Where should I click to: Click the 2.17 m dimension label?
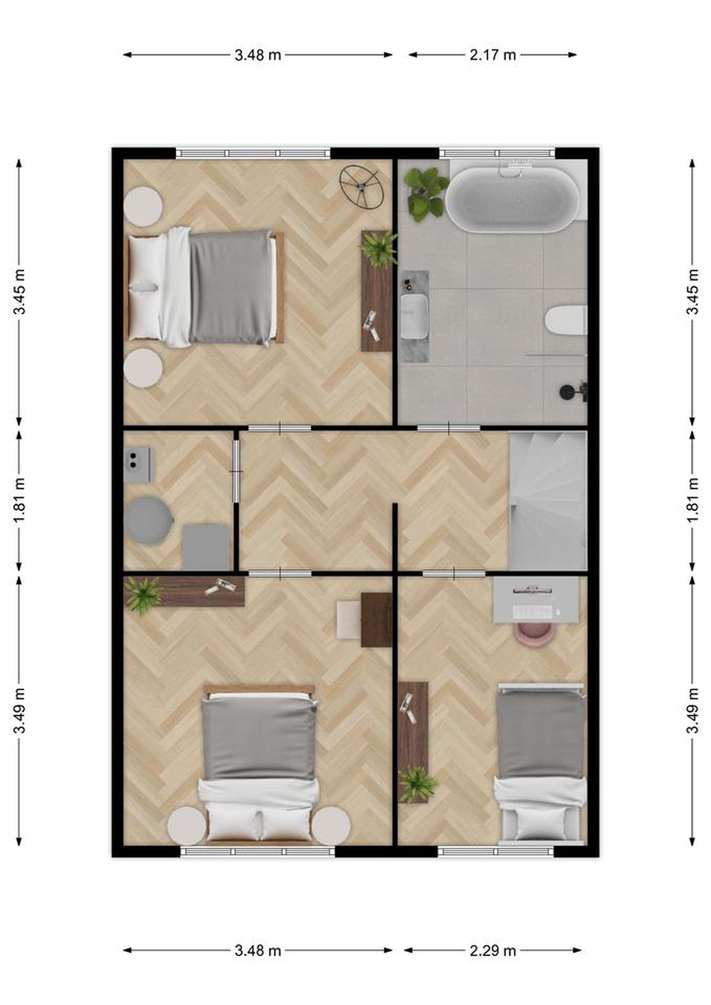[492, 55]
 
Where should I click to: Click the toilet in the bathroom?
[566, 320]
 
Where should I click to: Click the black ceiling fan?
[362, 187]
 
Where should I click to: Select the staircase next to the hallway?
[548, 501]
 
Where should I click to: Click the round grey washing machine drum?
[148, 520]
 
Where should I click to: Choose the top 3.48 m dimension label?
[258, 55]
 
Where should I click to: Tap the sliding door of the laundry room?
[236, 471]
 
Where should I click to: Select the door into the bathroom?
[449, 428]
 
